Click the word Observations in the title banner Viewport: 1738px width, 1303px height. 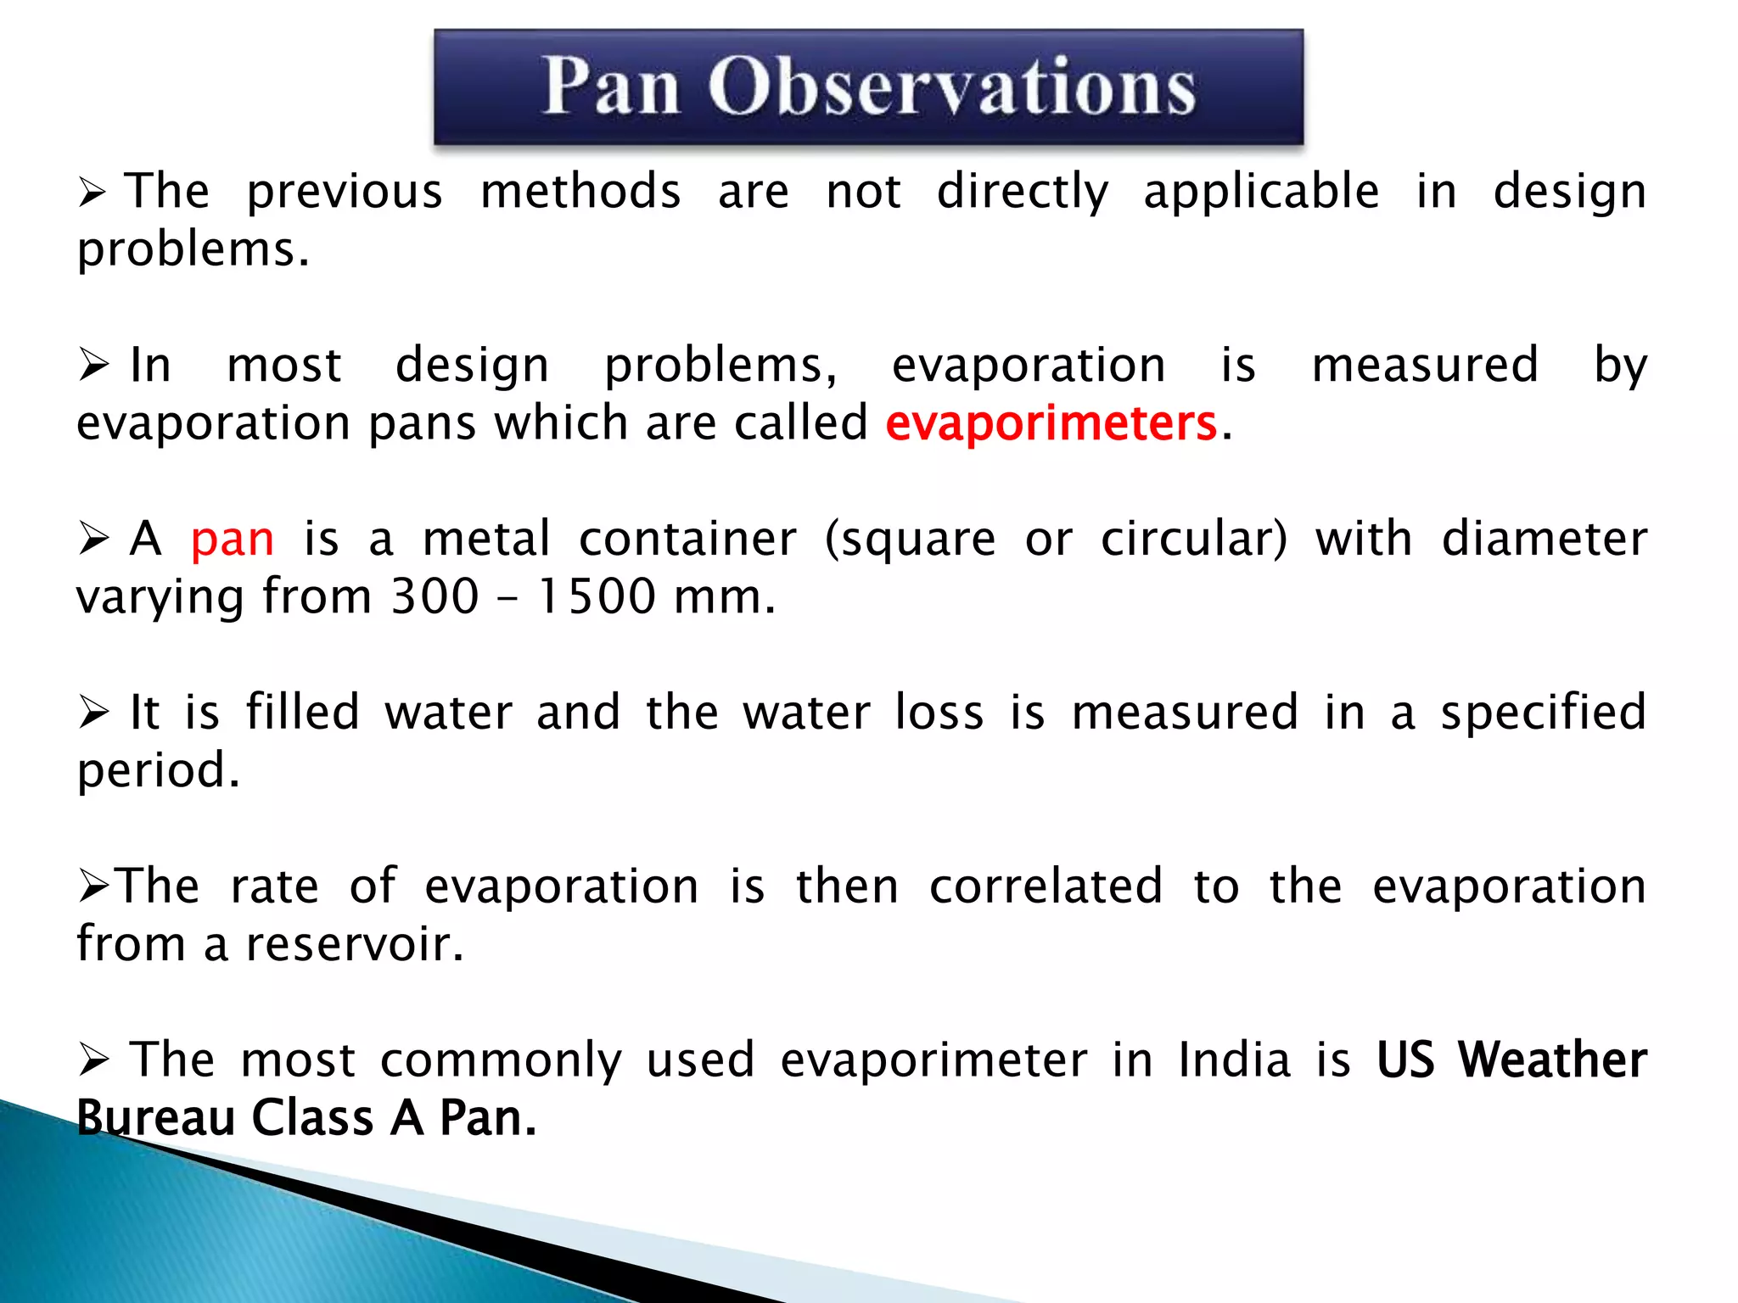(951, 87)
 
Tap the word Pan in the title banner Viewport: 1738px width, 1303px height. (611, 87)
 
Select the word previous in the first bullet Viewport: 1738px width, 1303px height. (345, 192)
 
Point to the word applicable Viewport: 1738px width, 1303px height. (1261, 192)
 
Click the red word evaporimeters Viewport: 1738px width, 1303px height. (1051, 423)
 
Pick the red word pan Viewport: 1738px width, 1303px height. (233, 540)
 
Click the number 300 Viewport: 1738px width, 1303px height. (435, 596)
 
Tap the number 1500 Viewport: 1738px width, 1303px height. (597, 596)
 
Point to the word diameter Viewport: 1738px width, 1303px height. (1545, 540)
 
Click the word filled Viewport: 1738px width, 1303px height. (303, 712)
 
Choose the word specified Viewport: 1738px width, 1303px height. (1544, 713)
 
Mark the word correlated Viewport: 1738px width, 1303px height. (1046, 886)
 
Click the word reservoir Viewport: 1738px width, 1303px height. (355, 944)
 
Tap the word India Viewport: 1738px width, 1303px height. (1235, 1060)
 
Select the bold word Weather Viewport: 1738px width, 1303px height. (1552, 1060)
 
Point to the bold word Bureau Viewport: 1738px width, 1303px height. (156, 1118)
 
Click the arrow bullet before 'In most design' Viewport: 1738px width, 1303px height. (93, 366)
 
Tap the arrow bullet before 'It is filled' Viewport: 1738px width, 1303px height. (93, 713)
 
